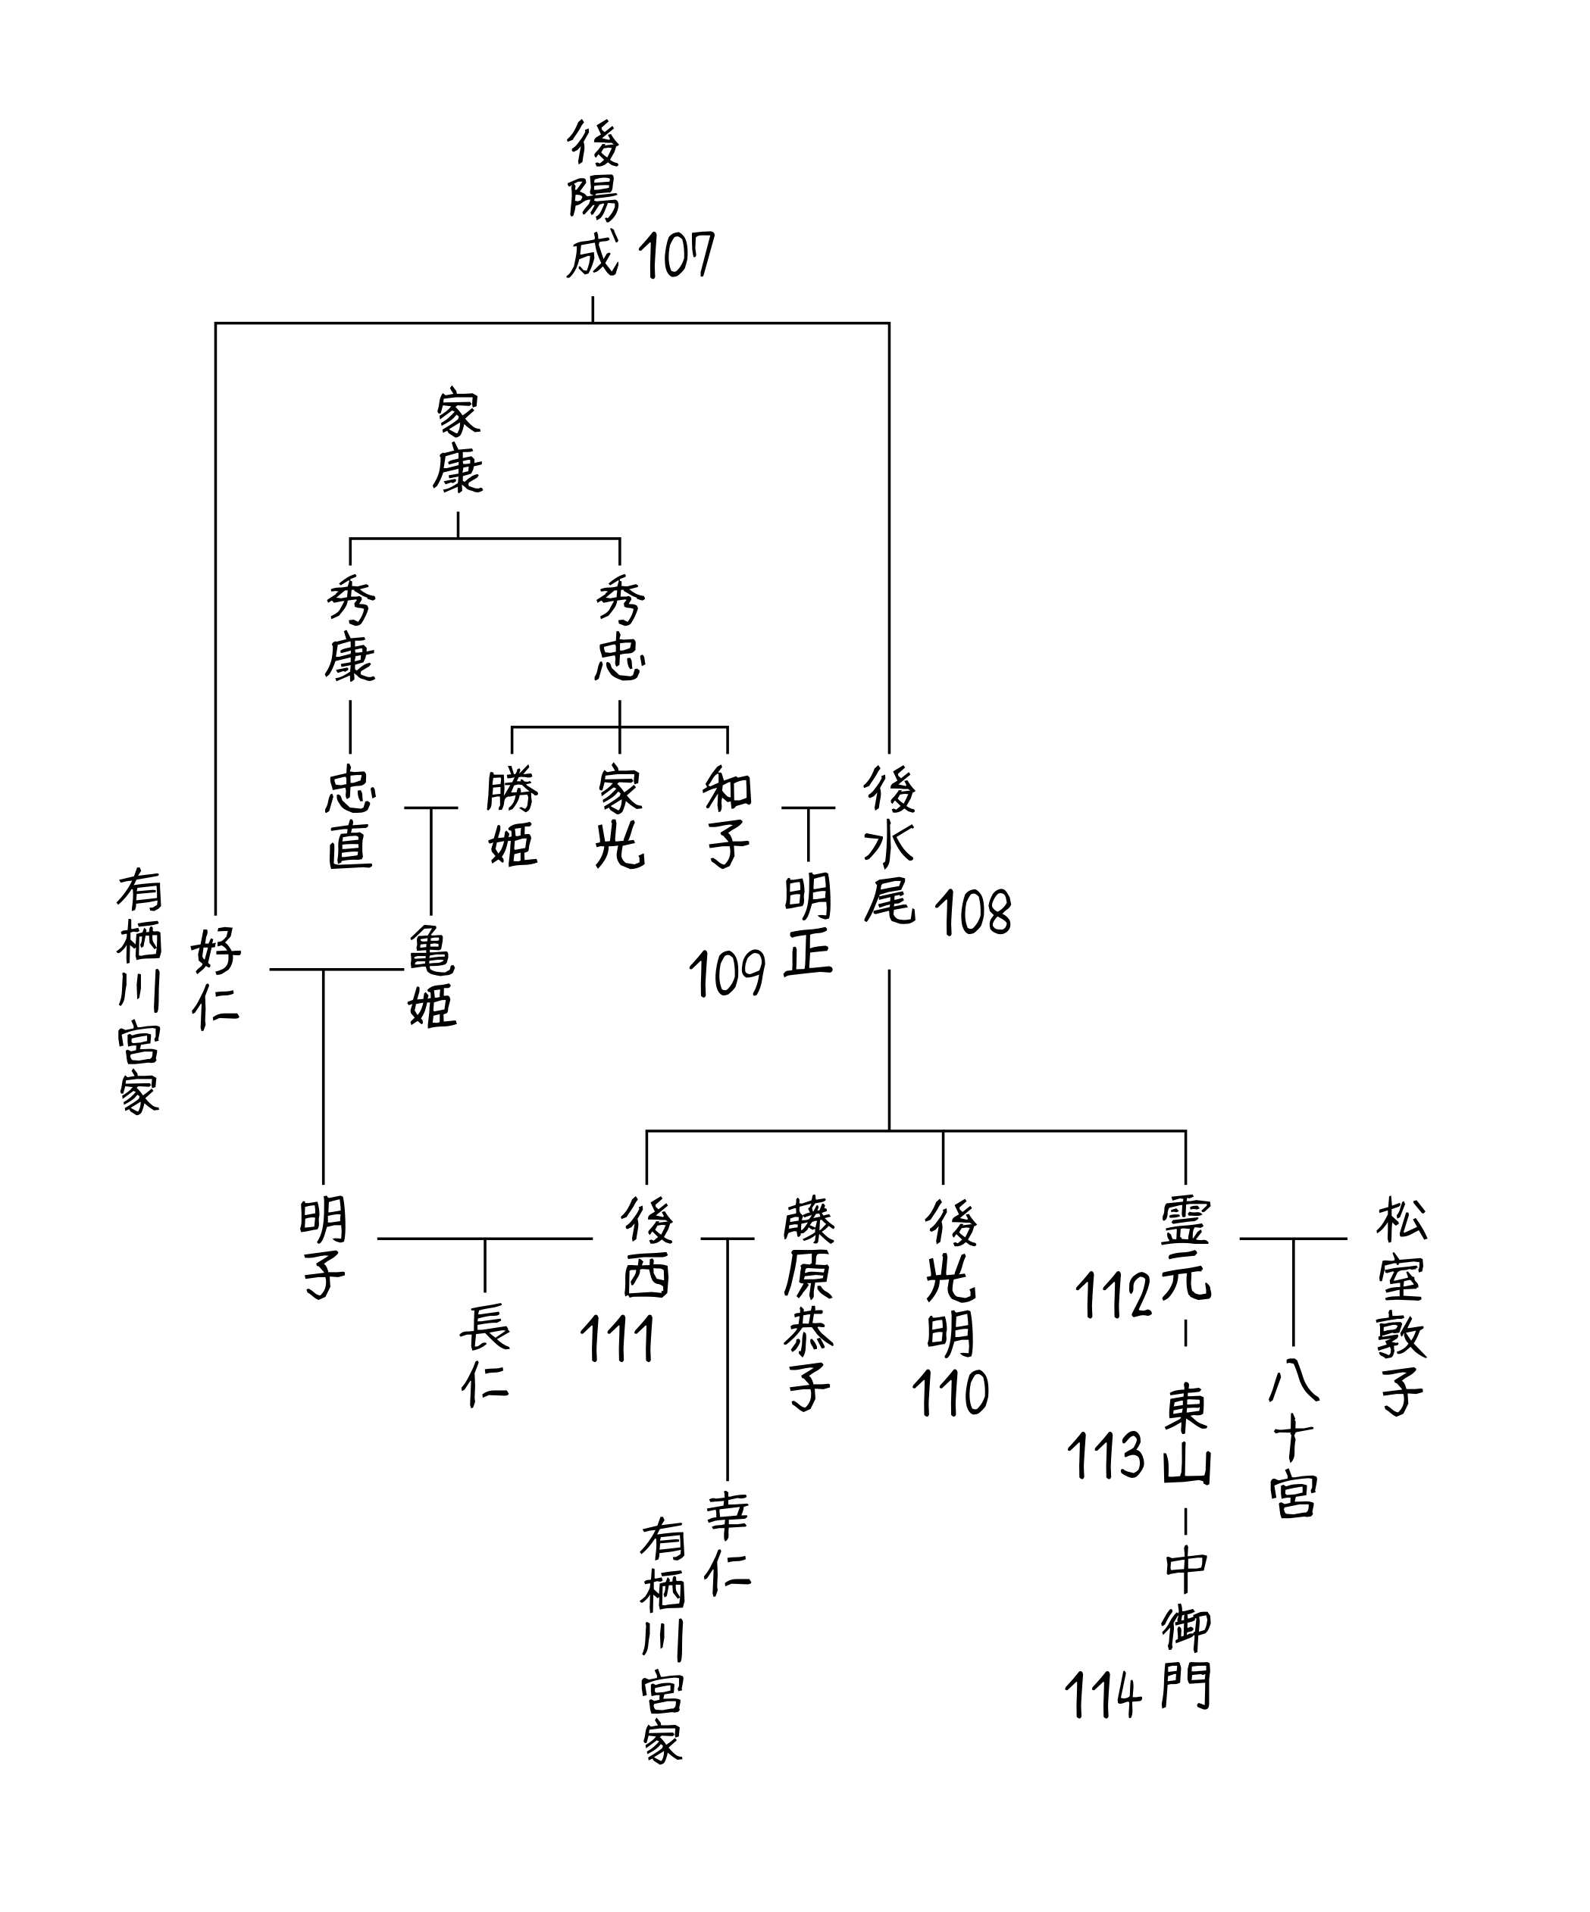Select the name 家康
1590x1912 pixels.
(x=457, y=442)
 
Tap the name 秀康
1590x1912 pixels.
(x=349, y=630)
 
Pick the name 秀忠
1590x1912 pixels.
(x=620, y=630)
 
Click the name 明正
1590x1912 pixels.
(x=809, y=926)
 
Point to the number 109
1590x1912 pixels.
(x=727, y=974)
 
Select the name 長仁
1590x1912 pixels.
(x=484, y=1354)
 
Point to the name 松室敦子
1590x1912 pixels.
(x=1401, y=1307)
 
